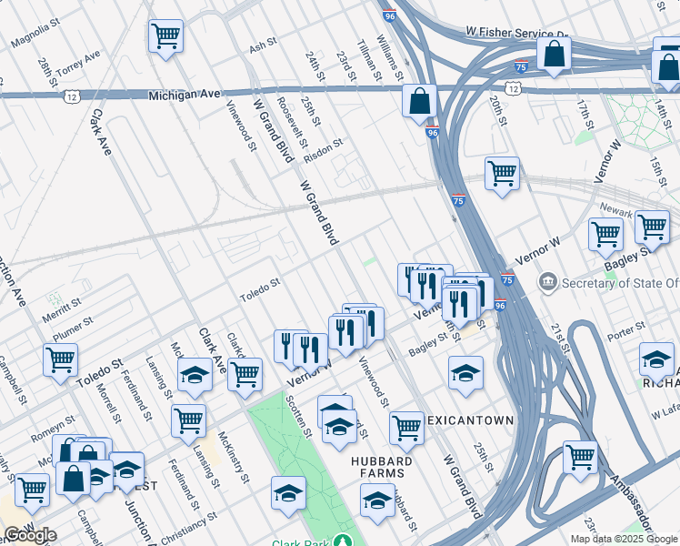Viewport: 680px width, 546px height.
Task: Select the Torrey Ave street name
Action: tap(77, 64)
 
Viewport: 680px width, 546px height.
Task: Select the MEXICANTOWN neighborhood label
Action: tap(473, 420)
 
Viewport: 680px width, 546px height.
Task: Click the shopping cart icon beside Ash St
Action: tap(165, 36)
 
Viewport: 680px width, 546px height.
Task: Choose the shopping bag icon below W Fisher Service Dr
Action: tap(554, 53)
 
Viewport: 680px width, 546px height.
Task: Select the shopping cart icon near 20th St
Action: tap(502, 172)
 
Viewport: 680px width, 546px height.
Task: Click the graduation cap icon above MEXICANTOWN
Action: tap(465, 372)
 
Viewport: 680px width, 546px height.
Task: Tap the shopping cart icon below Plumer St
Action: tap(60, 359)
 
